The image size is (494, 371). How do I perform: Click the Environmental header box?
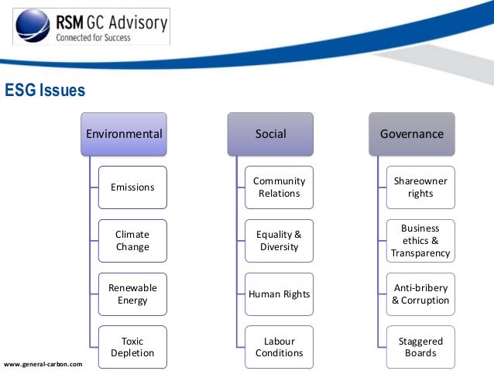coord(124,133)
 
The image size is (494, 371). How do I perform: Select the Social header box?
coord(270,133)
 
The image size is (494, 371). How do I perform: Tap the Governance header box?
coord(411,133)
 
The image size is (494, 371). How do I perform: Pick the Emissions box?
coord(132,187)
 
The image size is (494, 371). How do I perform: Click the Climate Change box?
coord(132,241)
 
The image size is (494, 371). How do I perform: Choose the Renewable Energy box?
coord(132,294)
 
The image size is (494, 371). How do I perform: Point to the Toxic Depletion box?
coord(132,347)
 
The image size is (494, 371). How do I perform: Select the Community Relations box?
coord(279,187)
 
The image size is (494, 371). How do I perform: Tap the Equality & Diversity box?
coord(279,241)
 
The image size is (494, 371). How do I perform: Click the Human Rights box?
coord(279,294)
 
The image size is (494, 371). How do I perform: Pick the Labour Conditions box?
coord(279,347)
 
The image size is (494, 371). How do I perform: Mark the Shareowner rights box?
coord(420,187)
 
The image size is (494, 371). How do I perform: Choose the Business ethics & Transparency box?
coord(420,241)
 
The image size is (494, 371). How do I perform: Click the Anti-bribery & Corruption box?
coord(420,294)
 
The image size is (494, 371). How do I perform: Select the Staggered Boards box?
coord(420,347)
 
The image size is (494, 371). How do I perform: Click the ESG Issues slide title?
coord(45,91)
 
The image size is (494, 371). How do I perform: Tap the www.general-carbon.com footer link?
coord(43,363)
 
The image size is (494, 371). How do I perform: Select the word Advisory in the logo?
coord(139,22)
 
